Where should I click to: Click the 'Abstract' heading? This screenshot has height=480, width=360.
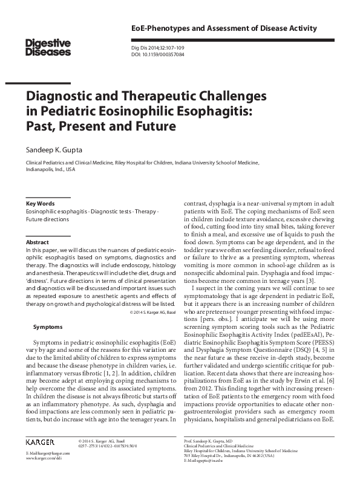tap(37, 241)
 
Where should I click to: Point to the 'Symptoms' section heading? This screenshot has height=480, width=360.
tap(47, 326)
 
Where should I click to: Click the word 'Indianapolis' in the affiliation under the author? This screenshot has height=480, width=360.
tap(40, 170)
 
